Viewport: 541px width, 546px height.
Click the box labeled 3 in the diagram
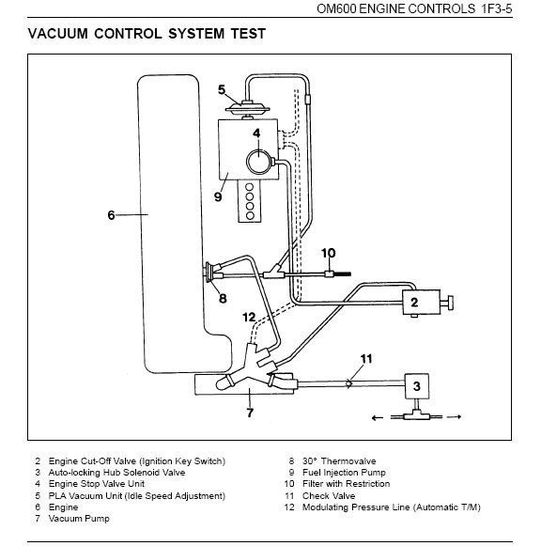coord(416,386)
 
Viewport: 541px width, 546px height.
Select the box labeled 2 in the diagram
coord(422,302)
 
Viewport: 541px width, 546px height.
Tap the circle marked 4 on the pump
coord(258,162)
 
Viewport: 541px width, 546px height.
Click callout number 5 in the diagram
coord(222,90)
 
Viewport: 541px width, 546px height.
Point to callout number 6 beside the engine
coord(111,215)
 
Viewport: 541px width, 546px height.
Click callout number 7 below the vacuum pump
coord(250,413)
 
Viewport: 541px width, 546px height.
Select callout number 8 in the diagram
coord(223,299)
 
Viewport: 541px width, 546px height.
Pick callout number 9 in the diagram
coord(218,196)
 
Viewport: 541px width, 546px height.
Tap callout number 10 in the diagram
coord(328,253)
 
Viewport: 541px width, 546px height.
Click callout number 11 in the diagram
coord(366,359)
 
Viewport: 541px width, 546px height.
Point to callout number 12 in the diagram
coord(249,318)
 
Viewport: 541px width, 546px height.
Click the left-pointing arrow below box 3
coord(378,418)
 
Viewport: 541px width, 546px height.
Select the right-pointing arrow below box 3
coord(455,417)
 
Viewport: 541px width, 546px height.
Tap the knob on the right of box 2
coord(448,302)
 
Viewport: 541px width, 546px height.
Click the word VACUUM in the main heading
coord(57,34)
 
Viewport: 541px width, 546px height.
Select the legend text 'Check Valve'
coord(329,495)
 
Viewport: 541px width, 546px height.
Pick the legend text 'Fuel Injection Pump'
coord(344,473)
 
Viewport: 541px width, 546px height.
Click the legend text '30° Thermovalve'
coord(339,461)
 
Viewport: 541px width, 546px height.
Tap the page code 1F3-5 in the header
coord(497,8)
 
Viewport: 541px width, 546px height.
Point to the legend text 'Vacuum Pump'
coord(79,519)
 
